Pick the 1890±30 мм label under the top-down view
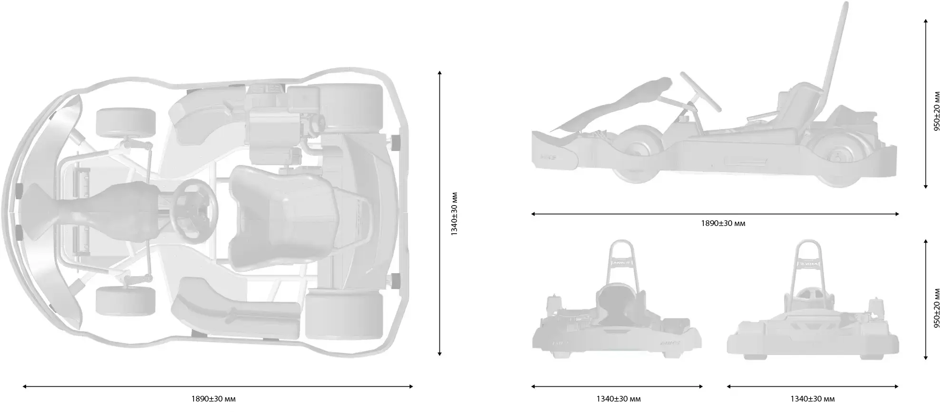click(x=213, y=399)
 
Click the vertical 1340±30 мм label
click(x=454, y=214)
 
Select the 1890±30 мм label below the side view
click(x=723, y=223)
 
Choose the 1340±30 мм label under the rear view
click(x=619, y=399)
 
